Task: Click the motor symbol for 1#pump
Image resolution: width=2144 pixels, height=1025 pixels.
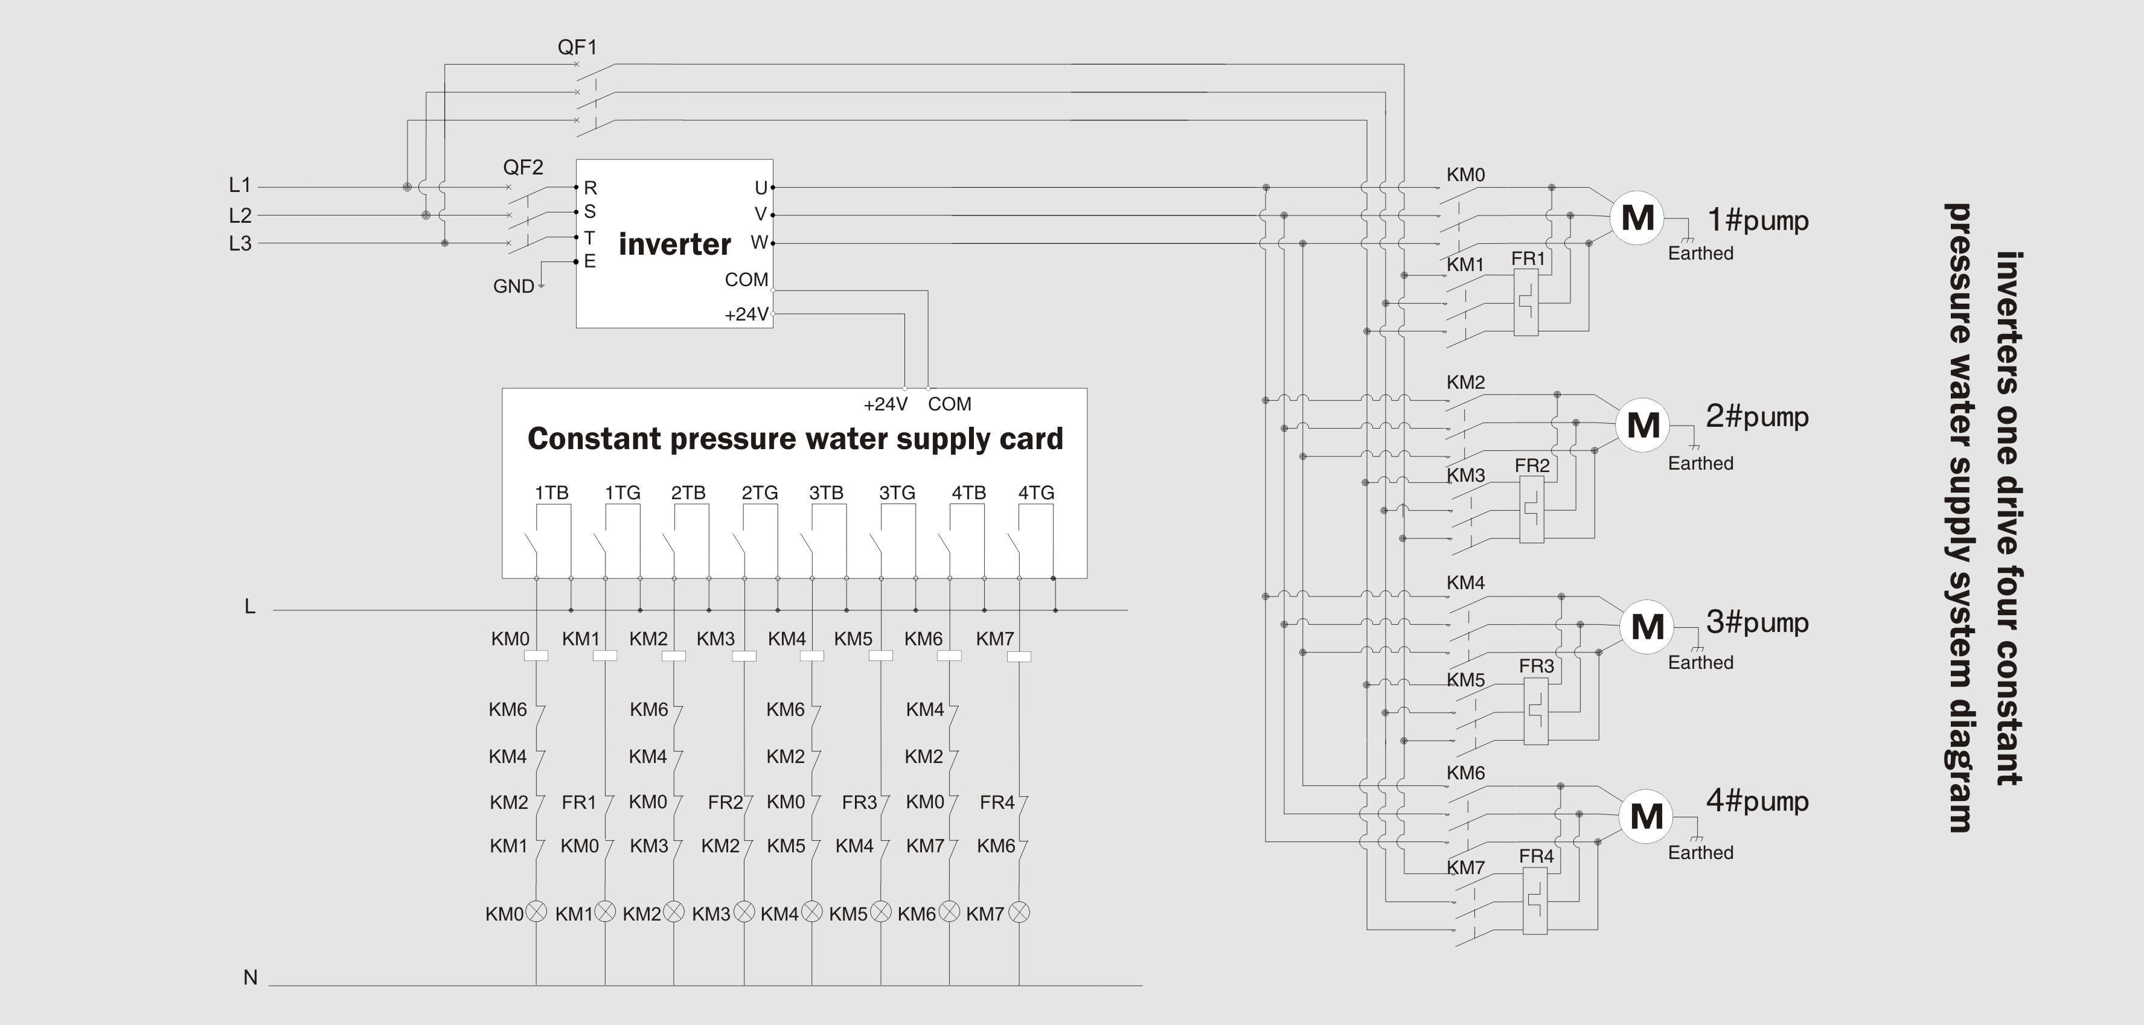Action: (1637, 218)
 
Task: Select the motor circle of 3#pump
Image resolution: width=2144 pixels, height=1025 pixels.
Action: (1647, 627)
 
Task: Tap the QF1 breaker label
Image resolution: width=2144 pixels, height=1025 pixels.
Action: (577, 48)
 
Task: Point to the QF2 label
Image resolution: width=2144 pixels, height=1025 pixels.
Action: (523, 167)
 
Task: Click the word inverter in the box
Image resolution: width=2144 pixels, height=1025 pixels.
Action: (674, 244)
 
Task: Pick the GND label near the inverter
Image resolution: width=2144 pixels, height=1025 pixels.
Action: (514, 286)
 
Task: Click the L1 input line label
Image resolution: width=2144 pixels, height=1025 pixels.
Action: (240, 185)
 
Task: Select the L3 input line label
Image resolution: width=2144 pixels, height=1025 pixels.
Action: (240, 244)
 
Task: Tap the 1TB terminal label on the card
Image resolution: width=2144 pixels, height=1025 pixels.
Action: (551, 493)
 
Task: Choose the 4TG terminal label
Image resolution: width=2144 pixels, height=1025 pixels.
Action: (1036, 493)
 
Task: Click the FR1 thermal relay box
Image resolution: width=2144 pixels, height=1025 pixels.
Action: (1526, 303)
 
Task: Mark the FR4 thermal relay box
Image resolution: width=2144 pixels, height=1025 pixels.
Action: (1535, 901)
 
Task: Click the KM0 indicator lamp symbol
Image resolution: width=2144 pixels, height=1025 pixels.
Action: (537, 912)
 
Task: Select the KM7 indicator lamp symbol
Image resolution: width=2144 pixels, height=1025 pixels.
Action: (1019, 913)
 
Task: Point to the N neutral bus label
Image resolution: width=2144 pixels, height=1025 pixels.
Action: (250, 977)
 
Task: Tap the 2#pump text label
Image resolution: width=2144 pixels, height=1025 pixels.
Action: (1757, 416)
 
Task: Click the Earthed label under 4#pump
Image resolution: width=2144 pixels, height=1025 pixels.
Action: (1700, 853)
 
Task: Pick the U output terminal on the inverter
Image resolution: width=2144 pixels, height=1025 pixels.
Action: (761, 188)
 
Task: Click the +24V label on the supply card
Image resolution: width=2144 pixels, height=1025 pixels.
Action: (885, 404)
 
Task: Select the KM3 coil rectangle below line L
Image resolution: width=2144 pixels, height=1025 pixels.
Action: (744, 656)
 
